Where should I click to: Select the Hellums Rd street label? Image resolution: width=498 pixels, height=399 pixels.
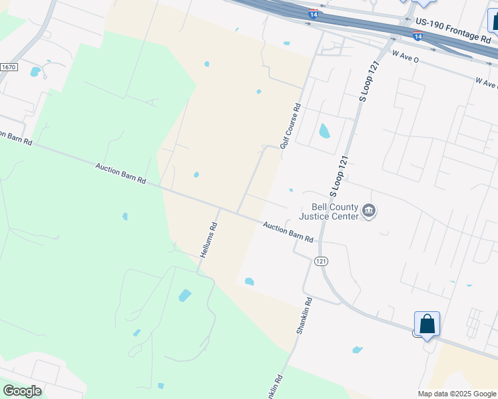point(209,239)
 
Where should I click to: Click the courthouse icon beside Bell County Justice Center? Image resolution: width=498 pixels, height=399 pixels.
point(369,211)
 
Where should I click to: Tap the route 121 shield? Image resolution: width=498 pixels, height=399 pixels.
point(322,261)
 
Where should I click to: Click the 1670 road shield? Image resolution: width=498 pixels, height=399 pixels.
point(9,67)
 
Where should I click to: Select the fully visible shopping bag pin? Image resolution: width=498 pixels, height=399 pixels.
point(426,325)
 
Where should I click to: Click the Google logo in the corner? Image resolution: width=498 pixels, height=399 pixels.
point(22,391)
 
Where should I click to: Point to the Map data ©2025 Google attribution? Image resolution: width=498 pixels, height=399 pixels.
point(456,394)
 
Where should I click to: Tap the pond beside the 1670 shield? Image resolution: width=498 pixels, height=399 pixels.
point(35,71)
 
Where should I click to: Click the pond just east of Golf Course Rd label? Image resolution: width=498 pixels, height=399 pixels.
point(324,130)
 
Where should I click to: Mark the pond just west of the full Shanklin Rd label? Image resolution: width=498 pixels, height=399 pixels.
point(249,281)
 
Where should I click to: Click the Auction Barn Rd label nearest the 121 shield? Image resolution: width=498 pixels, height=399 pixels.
point(288,231)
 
